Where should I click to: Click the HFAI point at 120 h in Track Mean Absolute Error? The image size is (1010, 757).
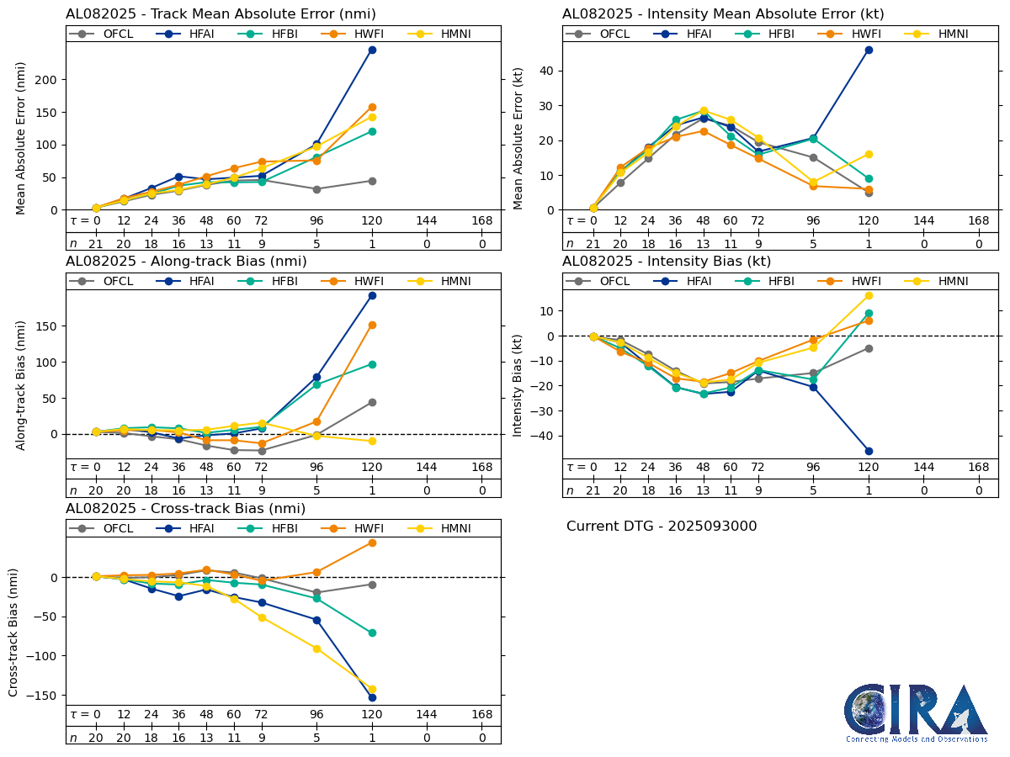tap(372, 50)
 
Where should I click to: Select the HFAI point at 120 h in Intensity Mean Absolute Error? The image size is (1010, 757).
tap(869, 50)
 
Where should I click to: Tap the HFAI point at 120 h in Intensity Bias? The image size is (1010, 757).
tap(869, 451)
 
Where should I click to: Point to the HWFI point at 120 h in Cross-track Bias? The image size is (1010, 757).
tap(372, 543)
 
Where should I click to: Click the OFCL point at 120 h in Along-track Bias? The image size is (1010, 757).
tap(372, 402)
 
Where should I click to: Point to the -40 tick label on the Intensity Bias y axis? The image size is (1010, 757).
tap(540, 436)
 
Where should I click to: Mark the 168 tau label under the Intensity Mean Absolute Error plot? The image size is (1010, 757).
tap(978, 221)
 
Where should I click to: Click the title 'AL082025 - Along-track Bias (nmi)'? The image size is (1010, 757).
tap(186, 262)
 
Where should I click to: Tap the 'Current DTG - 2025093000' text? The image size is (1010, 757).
tap(662, 527)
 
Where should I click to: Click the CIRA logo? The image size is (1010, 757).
tap(917, 712)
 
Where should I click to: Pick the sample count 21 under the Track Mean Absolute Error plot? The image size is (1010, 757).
tap(96, 244)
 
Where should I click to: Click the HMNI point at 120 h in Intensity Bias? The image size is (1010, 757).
tap(869, 295)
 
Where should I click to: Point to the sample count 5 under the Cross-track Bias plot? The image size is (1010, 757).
tap(316, 738)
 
